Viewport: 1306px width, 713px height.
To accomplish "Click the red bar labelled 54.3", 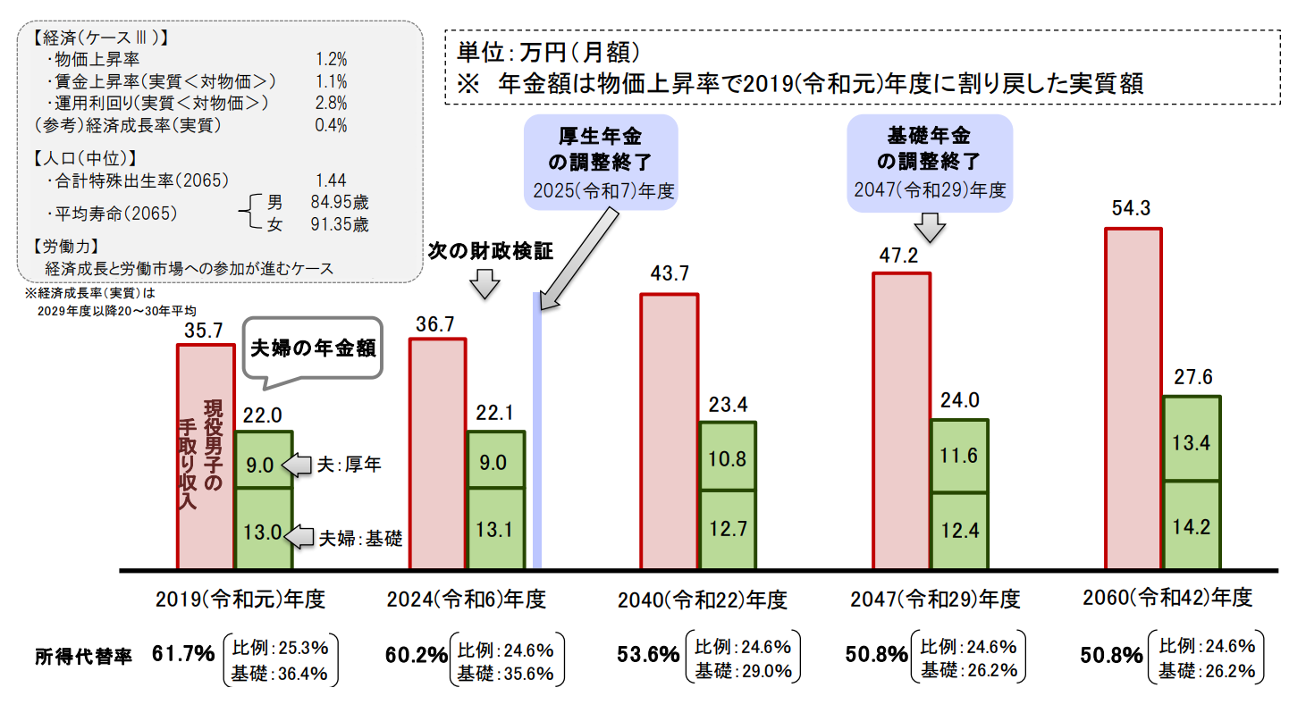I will tap(1133, 398).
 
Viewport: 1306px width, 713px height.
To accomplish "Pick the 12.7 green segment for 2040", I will tap(728, 529).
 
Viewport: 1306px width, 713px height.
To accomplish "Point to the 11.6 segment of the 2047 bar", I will tap(959, 456).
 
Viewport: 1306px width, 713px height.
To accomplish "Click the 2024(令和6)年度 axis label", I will tap(466, 599).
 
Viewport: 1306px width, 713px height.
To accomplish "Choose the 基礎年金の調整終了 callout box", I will tap(930, 162).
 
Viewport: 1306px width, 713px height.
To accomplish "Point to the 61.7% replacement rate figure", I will tap(183, 654).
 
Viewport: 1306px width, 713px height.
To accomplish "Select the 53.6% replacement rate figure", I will tap(649, 655).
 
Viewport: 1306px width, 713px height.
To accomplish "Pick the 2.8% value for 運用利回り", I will tap(332, 102).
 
